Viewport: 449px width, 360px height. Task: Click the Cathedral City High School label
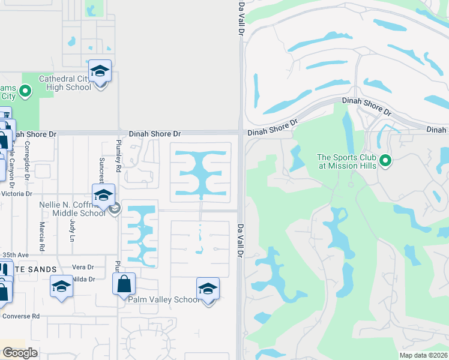(65, 83)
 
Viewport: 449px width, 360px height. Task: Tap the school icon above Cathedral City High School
(100, 71)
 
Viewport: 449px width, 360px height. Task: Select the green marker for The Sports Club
(386, 161)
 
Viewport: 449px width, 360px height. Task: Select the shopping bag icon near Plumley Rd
(124, 284)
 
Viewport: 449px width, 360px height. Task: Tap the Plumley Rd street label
(119, 156)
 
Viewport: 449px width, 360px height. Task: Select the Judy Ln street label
(73, 230)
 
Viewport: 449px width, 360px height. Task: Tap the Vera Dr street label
(83, 267)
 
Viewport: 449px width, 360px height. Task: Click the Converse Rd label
(20, 316)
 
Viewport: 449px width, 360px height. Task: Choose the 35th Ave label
(15, 255)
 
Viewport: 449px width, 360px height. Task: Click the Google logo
(20, 352)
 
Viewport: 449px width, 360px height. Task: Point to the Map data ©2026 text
(423, 355)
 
